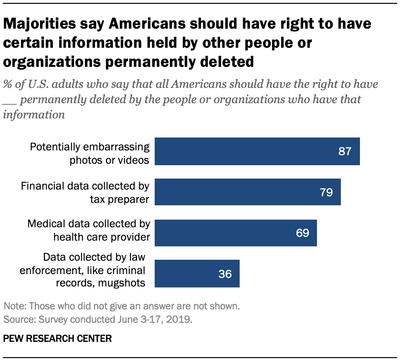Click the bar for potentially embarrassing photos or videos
tap(258, 152)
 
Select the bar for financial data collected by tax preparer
tap(248, 192)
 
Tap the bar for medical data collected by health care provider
tap(236, 233)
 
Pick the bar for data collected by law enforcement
tap(198, 274)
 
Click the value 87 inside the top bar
tap(344, 152)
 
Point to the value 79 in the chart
tap(326, 192)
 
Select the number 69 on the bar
tap(302, 233)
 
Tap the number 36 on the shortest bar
tap(224, 274)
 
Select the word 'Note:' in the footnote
tap(15, 306)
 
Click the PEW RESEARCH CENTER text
tap(57, 339)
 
